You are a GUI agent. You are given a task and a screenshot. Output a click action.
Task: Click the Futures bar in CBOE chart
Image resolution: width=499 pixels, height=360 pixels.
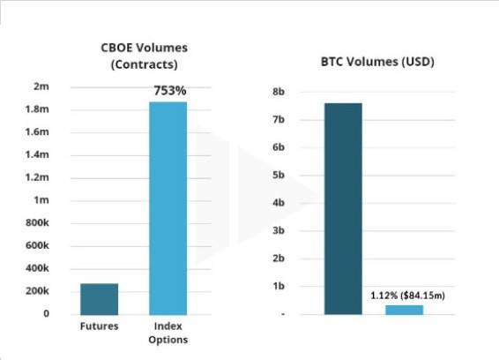click(x=99, y=299)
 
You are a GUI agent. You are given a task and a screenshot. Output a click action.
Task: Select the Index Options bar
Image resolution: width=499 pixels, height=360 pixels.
click(x=168, y=208)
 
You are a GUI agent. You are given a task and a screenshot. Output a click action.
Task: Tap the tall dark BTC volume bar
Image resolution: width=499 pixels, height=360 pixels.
click(x=343, y=209)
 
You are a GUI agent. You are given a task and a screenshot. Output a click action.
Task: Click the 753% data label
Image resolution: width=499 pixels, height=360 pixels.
click(x=168, y=91)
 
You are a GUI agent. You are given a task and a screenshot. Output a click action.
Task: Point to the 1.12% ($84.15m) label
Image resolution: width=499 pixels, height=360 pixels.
click(x=407, y=295)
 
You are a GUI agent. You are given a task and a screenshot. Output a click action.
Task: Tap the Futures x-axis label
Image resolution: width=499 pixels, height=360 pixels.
click(x=99, y=326)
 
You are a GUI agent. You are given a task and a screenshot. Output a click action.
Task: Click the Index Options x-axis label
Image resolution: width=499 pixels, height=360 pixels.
click(x=168, y=333)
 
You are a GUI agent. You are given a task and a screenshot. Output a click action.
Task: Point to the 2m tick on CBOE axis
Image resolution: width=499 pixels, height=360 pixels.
click(x=41, y=86)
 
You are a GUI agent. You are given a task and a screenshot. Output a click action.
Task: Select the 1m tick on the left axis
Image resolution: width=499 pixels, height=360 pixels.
click(x=41, y=200)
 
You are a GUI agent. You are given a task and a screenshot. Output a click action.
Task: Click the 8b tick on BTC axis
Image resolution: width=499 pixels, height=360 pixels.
click(x=279, y=92)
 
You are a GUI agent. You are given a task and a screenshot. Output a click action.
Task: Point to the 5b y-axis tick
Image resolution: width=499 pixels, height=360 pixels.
click(x=279, y=176)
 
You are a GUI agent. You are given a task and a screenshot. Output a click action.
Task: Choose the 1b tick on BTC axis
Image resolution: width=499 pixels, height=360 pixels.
click(x=279, y=286)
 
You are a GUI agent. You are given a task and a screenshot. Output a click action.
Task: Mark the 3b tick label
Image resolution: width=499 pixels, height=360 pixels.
click(x=279, y=230)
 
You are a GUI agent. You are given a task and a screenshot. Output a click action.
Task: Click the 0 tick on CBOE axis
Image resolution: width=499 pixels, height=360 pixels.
click(x=46, y=314)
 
